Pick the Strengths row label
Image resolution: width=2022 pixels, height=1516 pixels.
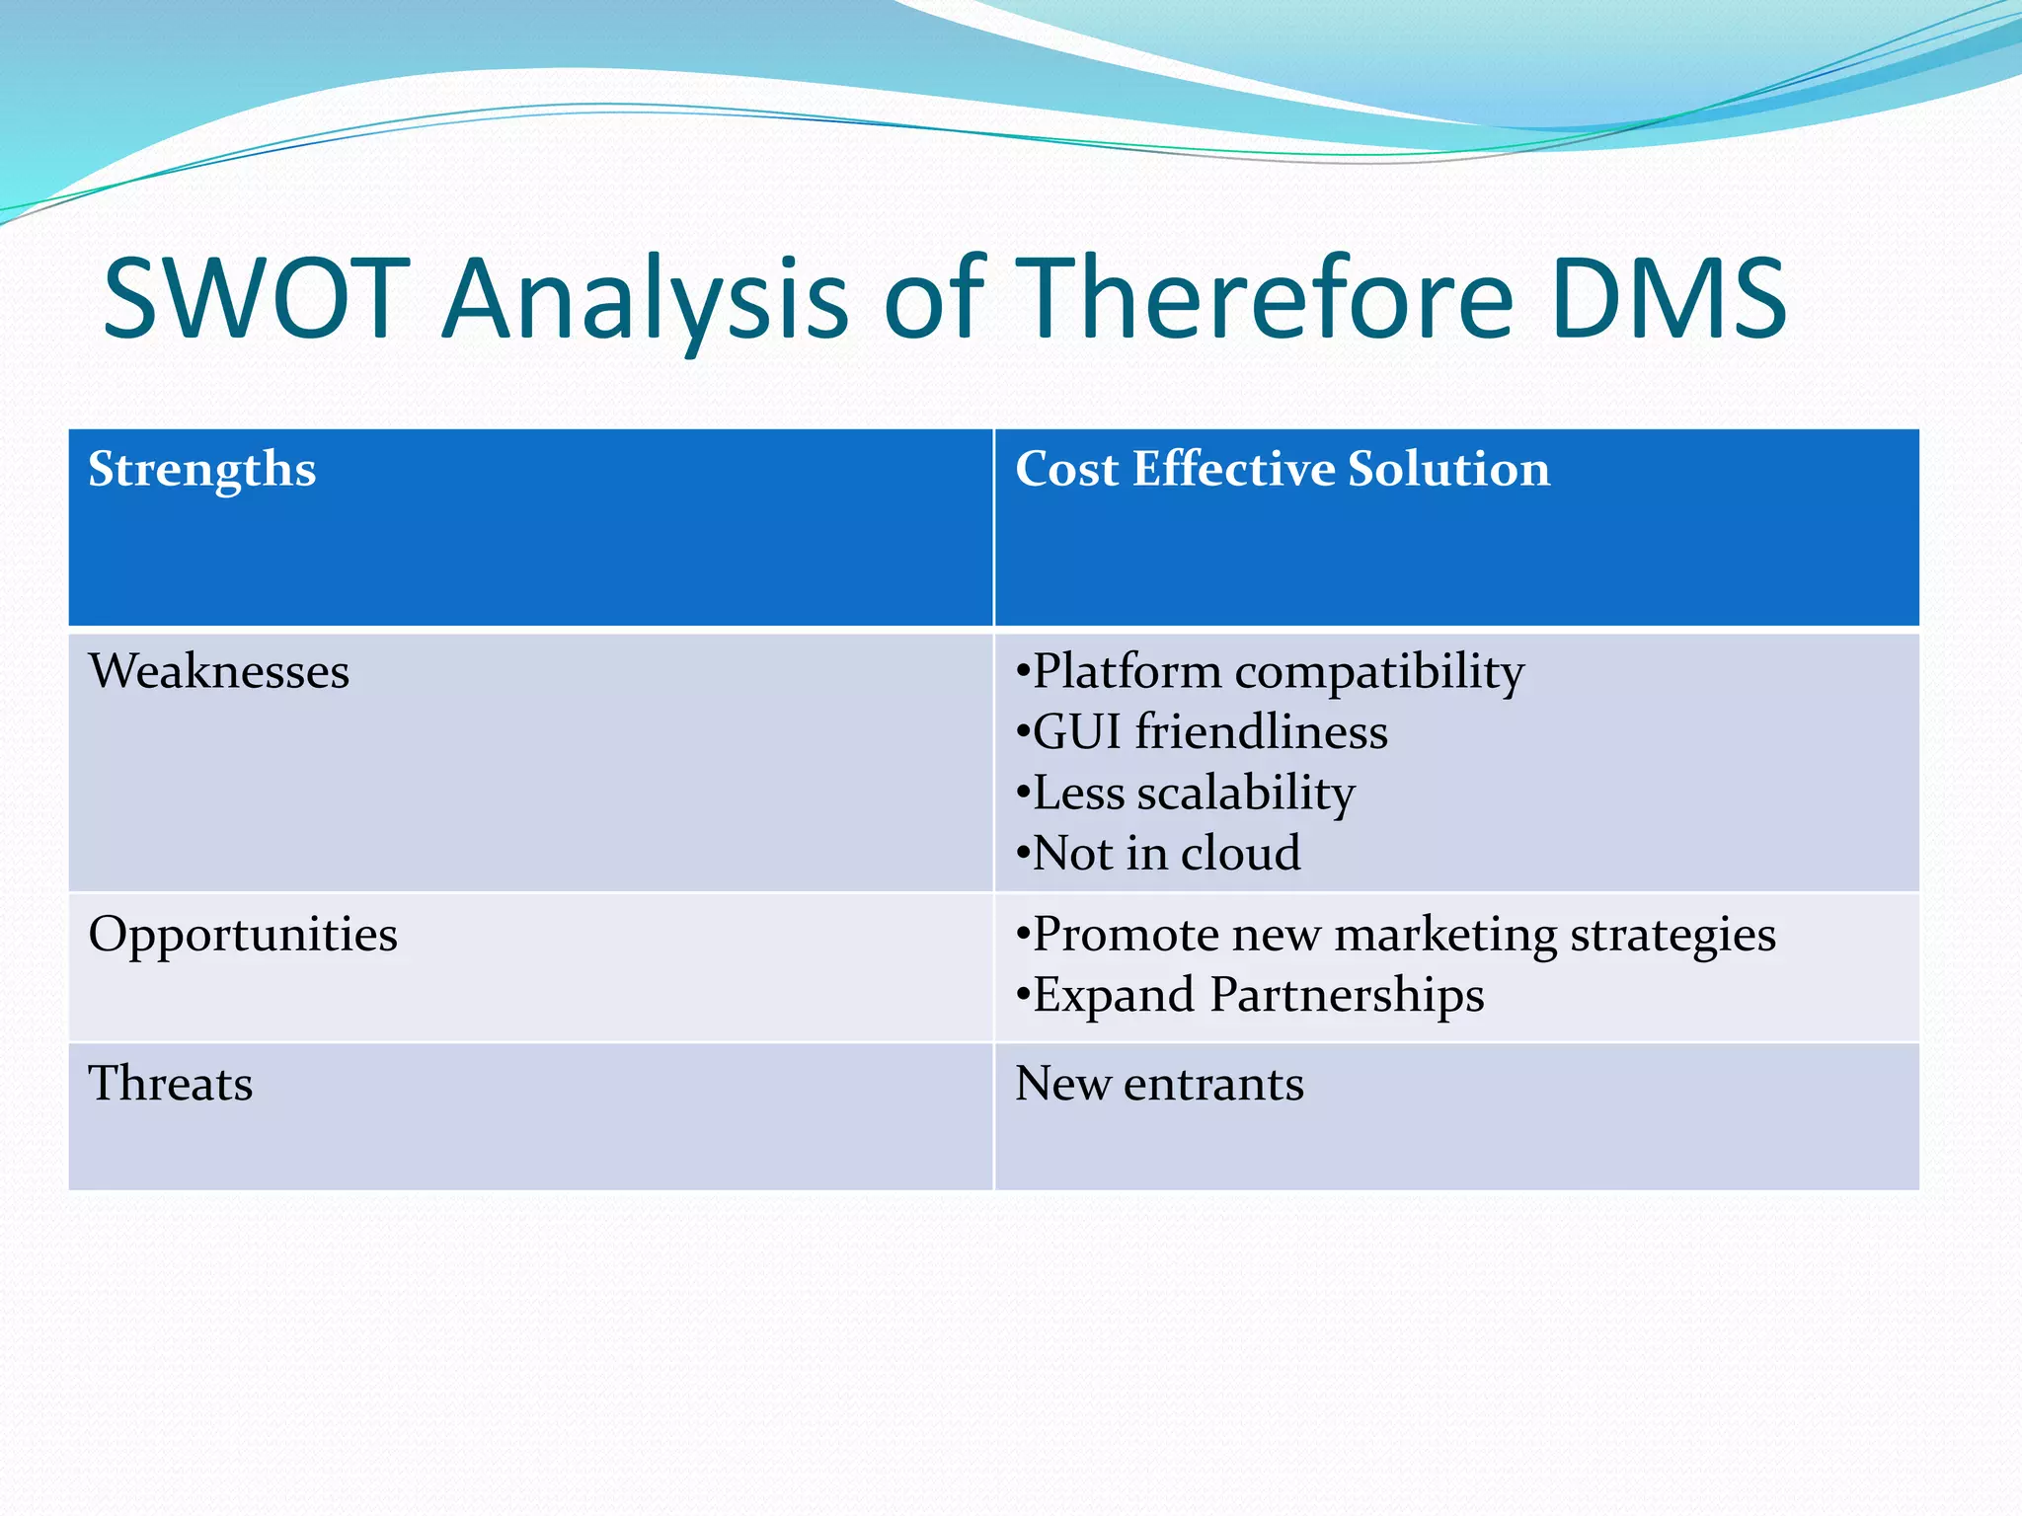[x=202, y=470]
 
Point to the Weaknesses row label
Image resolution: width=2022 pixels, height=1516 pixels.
[x=219, y=672]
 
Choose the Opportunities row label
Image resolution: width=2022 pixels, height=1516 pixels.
[x=243, y=935]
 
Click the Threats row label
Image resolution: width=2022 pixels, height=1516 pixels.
[x=171, y=1084]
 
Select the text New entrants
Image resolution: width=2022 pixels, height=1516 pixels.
[x=1159, y=1084]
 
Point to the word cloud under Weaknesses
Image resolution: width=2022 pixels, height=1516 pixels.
[x=1241, y=854]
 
